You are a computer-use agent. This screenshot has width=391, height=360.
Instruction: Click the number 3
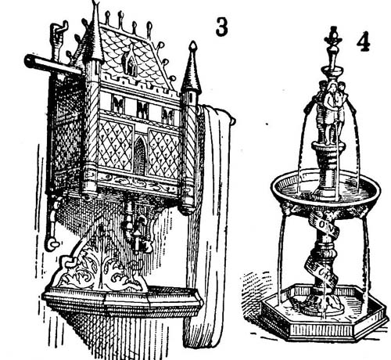click(x=221, y=27)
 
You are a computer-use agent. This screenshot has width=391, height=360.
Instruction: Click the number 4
click(x=363, y=41)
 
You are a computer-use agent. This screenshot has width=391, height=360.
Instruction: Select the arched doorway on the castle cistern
click(x=140, y=156)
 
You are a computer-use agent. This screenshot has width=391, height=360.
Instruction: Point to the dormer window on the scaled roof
click(x=130, y=62)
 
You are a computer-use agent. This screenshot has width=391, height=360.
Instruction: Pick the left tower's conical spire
click(x=95, y=33)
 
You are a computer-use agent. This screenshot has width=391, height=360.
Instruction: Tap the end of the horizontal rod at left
click(x=27, y=60)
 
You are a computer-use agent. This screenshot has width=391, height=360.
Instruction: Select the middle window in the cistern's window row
click(x=142, y=109)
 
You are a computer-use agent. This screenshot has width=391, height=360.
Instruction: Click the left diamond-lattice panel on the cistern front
click(x=115, y=145)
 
